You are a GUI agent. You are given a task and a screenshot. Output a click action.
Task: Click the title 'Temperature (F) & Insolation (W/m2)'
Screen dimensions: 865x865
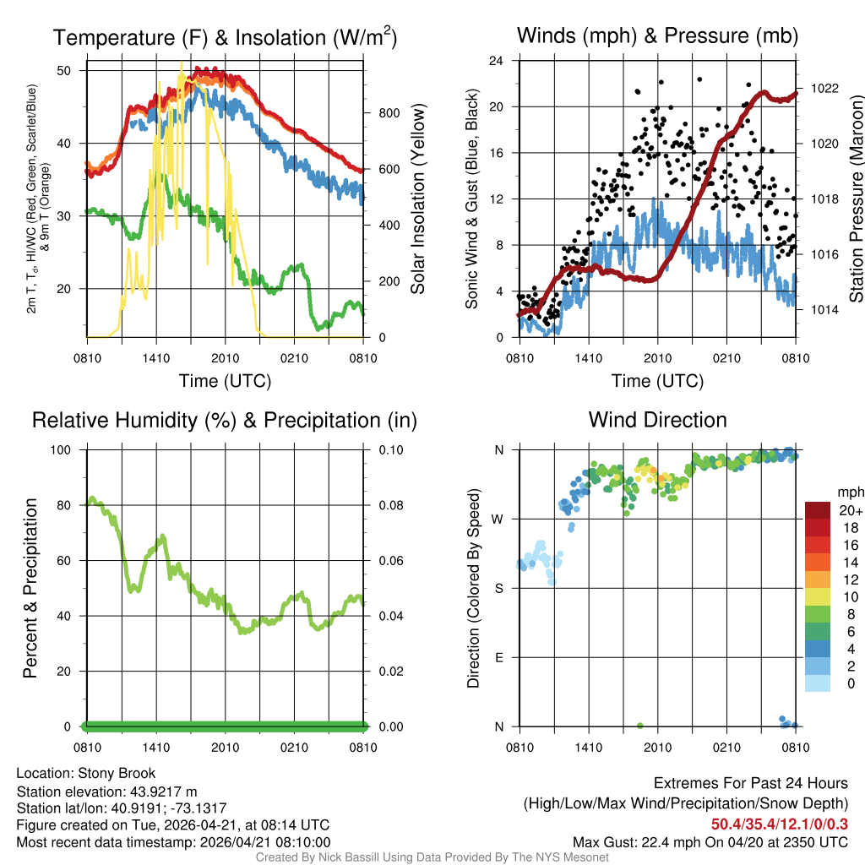click(x=225, y=38)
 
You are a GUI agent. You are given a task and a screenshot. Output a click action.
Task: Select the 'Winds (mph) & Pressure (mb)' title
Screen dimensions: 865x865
click(x=657, y=35)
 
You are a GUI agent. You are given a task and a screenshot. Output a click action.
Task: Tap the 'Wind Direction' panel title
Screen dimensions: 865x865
click(x=657, y=420)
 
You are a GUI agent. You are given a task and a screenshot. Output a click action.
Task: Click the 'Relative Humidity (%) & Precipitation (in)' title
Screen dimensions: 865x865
click(x=225, y=420)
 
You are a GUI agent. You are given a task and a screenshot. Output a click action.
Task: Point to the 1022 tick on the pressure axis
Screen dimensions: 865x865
click(x=822, y=88)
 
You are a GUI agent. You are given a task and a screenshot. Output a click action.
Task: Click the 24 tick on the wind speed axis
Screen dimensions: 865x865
click(x=497, y=61)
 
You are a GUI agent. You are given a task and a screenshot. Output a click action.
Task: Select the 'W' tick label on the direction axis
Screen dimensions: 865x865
click(x=498, y=519)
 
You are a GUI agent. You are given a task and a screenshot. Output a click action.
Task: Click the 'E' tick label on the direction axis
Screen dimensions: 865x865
click(x=499, y=657)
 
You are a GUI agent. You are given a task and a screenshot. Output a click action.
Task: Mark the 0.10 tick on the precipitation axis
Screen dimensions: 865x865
click(x=388, y=449)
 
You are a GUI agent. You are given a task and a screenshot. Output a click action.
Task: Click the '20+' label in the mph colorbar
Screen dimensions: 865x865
click(x=849, y=511)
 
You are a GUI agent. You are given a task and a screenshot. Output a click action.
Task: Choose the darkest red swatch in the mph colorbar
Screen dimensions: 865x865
click(x=818, y=510)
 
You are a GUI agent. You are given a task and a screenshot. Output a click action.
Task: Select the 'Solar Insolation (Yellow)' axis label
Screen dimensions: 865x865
click(x=417, y=199)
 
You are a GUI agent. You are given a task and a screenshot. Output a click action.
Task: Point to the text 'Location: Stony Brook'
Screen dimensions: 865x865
click(x=86, y=773)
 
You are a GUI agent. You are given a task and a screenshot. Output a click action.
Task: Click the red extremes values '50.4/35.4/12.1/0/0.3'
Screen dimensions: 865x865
click(x=779, y=824)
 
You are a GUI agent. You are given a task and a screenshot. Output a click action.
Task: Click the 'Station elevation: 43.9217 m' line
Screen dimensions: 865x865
click(x=106, y=791)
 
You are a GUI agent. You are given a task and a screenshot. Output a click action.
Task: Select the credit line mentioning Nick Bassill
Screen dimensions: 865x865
click(x=432, y=857)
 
